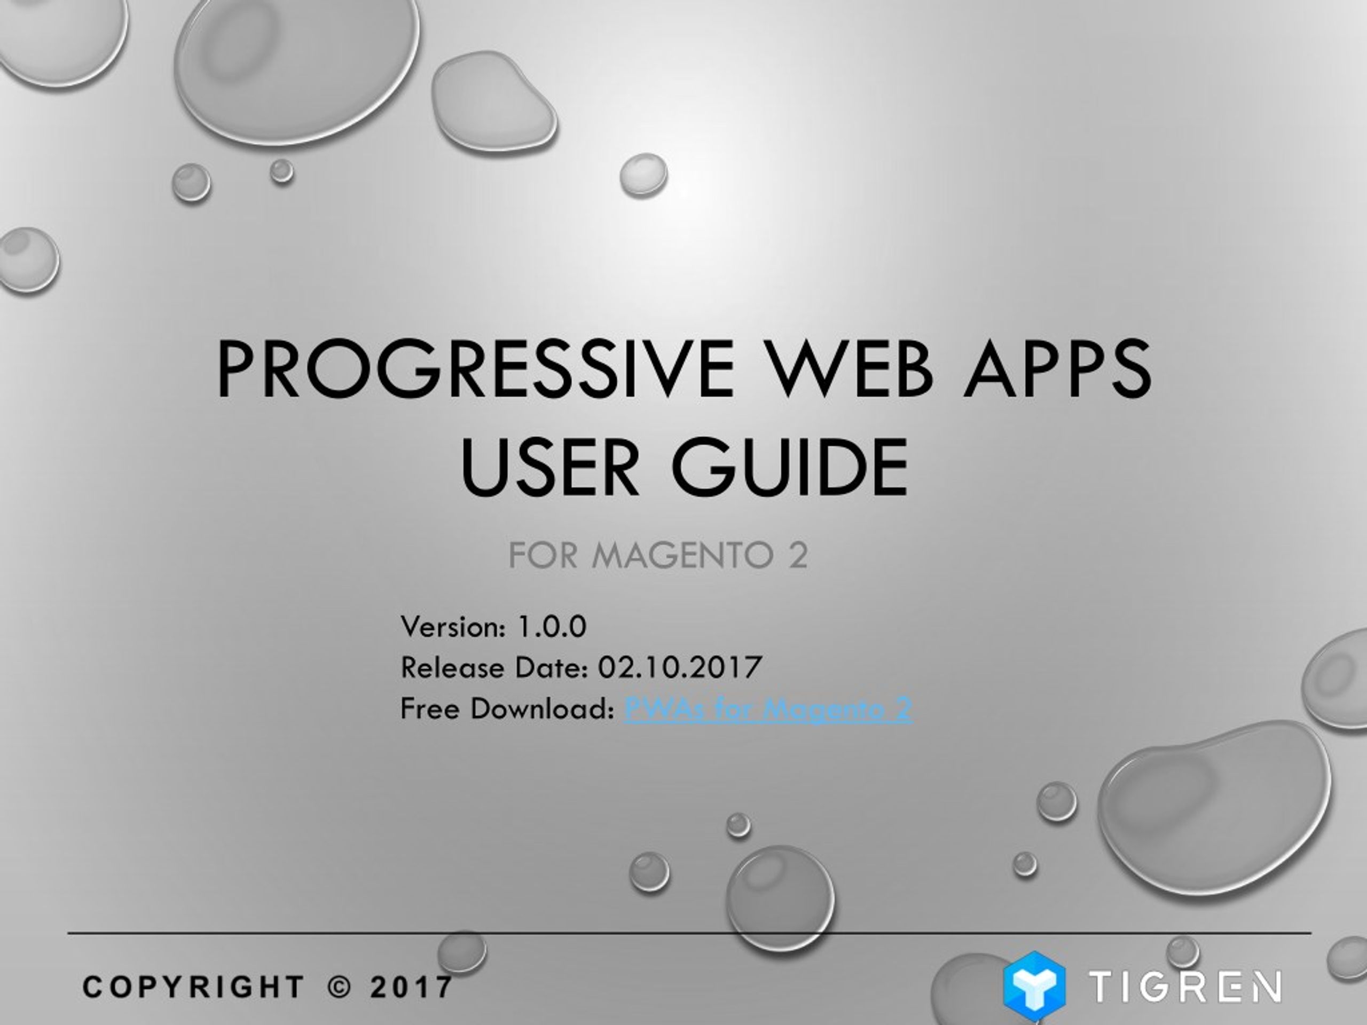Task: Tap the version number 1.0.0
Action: click(551, 627)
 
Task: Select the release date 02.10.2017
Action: click(679, 667)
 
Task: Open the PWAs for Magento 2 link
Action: click(768, 708)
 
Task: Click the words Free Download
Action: click(507, 708)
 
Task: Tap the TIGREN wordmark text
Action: click(1185, 986)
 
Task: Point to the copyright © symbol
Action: click(339, 987)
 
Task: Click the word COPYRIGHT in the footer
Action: click(193, 987)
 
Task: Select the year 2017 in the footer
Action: click(412, 987)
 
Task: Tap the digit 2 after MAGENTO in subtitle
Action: click(798, 555)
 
